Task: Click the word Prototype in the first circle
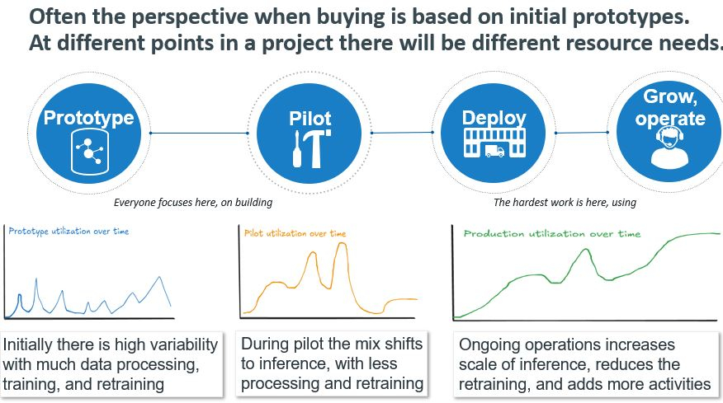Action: click(88, 118)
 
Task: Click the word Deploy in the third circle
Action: click(494, 118)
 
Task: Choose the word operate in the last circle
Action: click(674, 119)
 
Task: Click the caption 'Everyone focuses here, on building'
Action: click(192, 202)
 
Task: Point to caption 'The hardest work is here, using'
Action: click(565, 202)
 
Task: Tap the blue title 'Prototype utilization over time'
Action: click(69, 232)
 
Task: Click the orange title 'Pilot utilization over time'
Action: click(295, 233)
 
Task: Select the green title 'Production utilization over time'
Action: click(552, 234)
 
